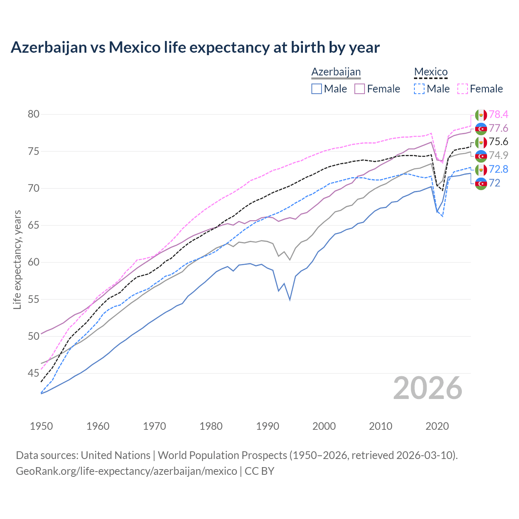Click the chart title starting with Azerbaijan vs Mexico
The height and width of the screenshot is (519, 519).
click(x=195, y=47)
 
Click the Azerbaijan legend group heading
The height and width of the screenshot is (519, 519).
click(x=336, y=72)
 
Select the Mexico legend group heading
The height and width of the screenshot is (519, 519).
click(x=431, y=72)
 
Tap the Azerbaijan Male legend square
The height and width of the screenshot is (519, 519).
click(x=317, y=89)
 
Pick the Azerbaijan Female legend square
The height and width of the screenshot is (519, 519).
click(x=360, y=89)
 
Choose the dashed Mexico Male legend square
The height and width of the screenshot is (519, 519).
click(x=419, y=89)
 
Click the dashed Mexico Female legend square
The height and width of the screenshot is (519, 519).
click(x=463, y=89)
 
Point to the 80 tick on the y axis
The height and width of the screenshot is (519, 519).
click(x=34, y=114)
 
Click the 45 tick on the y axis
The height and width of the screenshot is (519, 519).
click(x=34, y=373)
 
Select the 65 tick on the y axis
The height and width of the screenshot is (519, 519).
click(x=34, y=225)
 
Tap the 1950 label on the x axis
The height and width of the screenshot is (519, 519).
click(x=41, y=426)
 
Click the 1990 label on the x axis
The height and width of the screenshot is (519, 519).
click(x=268, y=426)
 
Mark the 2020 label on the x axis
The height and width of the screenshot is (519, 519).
click(x=437, y=426)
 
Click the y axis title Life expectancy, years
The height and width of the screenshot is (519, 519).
click(x=17, y=259)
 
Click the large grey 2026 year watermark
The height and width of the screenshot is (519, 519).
click(x=428, y=388)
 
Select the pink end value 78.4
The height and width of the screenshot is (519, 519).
click(x=498, y=115)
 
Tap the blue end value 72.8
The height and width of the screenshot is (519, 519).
click(x=498, y=169)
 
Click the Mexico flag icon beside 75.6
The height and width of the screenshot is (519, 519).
click(x=481, y=142)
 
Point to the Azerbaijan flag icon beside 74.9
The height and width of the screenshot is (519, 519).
click(x=481, y=156)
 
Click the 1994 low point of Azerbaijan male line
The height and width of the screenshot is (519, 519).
click(x=290, y=300)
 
